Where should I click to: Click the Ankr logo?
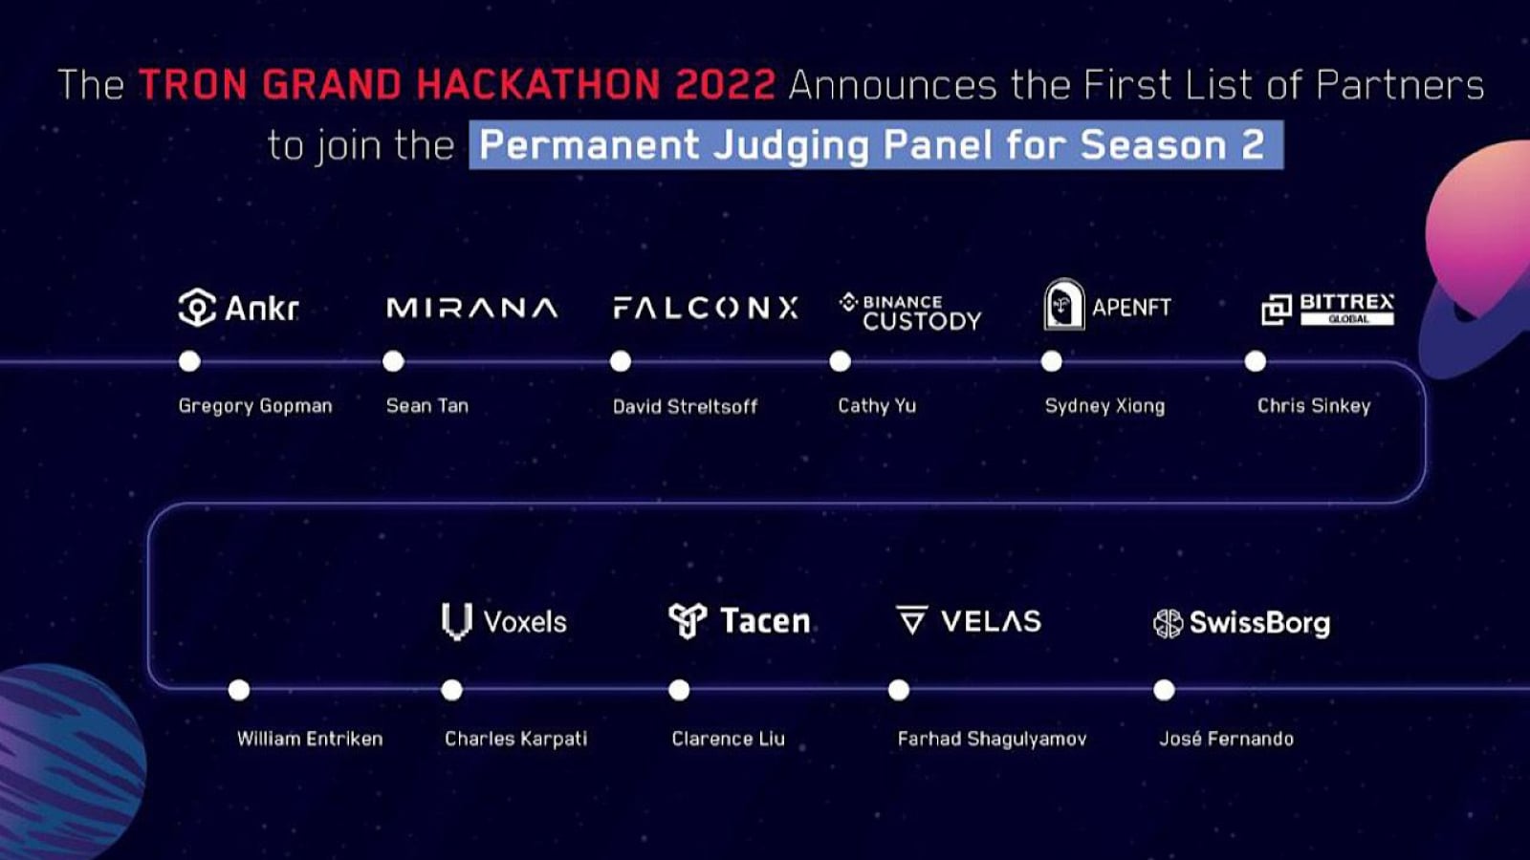pyautogui.click(x=238, y=308)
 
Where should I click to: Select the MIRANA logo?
pyautogui.click(x=471, y=308)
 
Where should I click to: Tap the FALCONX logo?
pyautogui.click(x=705, y=308)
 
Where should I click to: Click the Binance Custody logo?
pyautogui.click(x=910, y=312)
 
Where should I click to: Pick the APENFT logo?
pyautogui.click(x=1107, y=306)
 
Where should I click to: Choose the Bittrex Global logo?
pyautogui.click(x=1327, y=309)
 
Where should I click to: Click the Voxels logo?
pyautogui.click(x=504, y=621)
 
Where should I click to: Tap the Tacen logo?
pyautogui.click(x=739, y=621)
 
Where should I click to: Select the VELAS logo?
pyautogui.click(x=968, y=621)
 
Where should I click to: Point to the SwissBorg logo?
pyautogui.click(x=1241, y=623)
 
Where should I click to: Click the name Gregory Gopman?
pyautogui.click(x=255, y=406)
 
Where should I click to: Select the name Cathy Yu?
pyautogui.click(x=877, y=406)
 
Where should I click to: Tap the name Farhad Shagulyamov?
pyautogui.click(x=992, y=739)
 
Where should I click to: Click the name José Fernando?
pyautogui.click(x=1226, y=739)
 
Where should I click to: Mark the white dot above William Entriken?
pyautogui.click(x=239, y=690)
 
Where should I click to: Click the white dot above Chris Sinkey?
pyautogui.click(x=1256, y=361)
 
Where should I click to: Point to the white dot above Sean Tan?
pyautogui.click(x=393, y=361)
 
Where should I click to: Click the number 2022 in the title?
pyautogui.click(x=725, y=85)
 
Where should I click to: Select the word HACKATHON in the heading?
pyautogui.click(x=538, y=85)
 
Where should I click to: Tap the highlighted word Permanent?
pyautogui.click(x=589, y=145)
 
